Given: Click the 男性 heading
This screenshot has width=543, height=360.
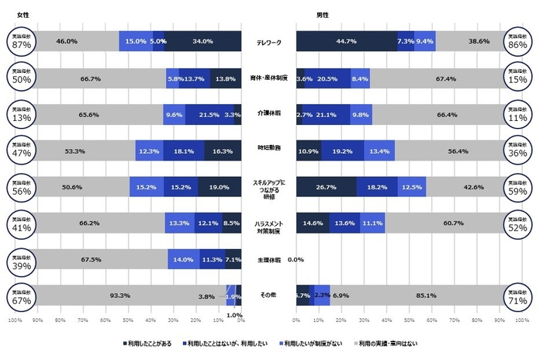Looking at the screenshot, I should click(x=300, y=15).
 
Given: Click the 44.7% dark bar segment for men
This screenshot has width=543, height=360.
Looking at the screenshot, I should click(x=346, y=41).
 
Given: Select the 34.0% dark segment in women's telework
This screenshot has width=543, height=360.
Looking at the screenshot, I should click(x=203, y=41).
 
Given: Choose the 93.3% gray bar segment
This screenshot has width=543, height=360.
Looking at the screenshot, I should click(x=119, y=296).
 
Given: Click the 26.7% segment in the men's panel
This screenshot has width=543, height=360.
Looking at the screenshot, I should click(x=326, y=187).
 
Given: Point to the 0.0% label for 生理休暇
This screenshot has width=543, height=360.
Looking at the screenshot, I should click(x=296, y=260).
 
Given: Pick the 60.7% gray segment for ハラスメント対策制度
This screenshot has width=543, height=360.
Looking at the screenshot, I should click(x=444, y=223).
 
